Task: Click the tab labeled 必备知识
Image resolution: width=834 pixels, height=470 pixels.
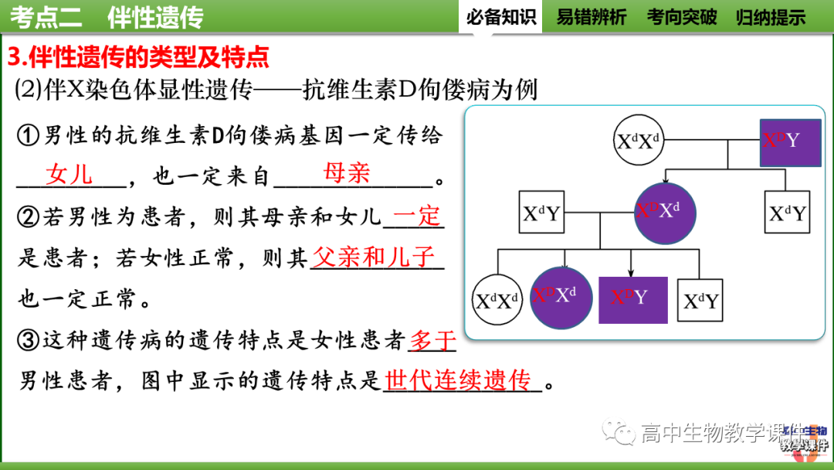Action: pos(500,17)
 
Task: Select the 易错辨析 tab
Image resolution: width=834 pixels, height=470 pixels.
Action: pos(592,17)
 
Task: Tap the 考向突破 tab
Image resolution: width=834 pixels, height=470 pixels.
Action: pos(682,17)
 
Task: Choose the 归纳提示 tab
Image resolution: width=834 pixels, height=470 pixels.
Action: pos(771,17)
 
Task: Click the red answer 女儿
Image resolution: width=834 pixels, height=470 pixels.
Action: pos(69,174)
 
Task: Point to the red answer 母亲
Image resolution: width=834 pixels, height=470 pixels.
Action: pos(347,172)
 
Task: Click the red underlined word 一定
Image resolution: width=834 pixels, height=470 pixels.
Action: pos(418,216)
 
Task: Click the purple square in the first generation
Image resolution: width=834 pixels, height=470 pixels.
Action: pos(790,142)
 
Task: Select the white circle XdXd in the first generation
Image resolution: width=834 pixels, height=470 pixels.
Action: pos(638,142)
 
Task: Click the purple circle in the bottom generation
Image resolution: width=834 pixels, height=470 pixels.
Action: pos(561,298)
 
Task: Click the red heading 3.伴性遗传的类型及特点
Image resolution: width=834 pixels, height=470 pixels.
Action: pos(138,56)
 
